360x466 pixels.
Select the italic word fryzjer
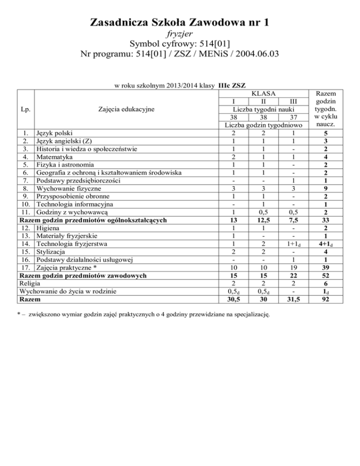(180, 34)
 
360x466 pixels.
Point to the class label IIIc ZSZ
(232, 86)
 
